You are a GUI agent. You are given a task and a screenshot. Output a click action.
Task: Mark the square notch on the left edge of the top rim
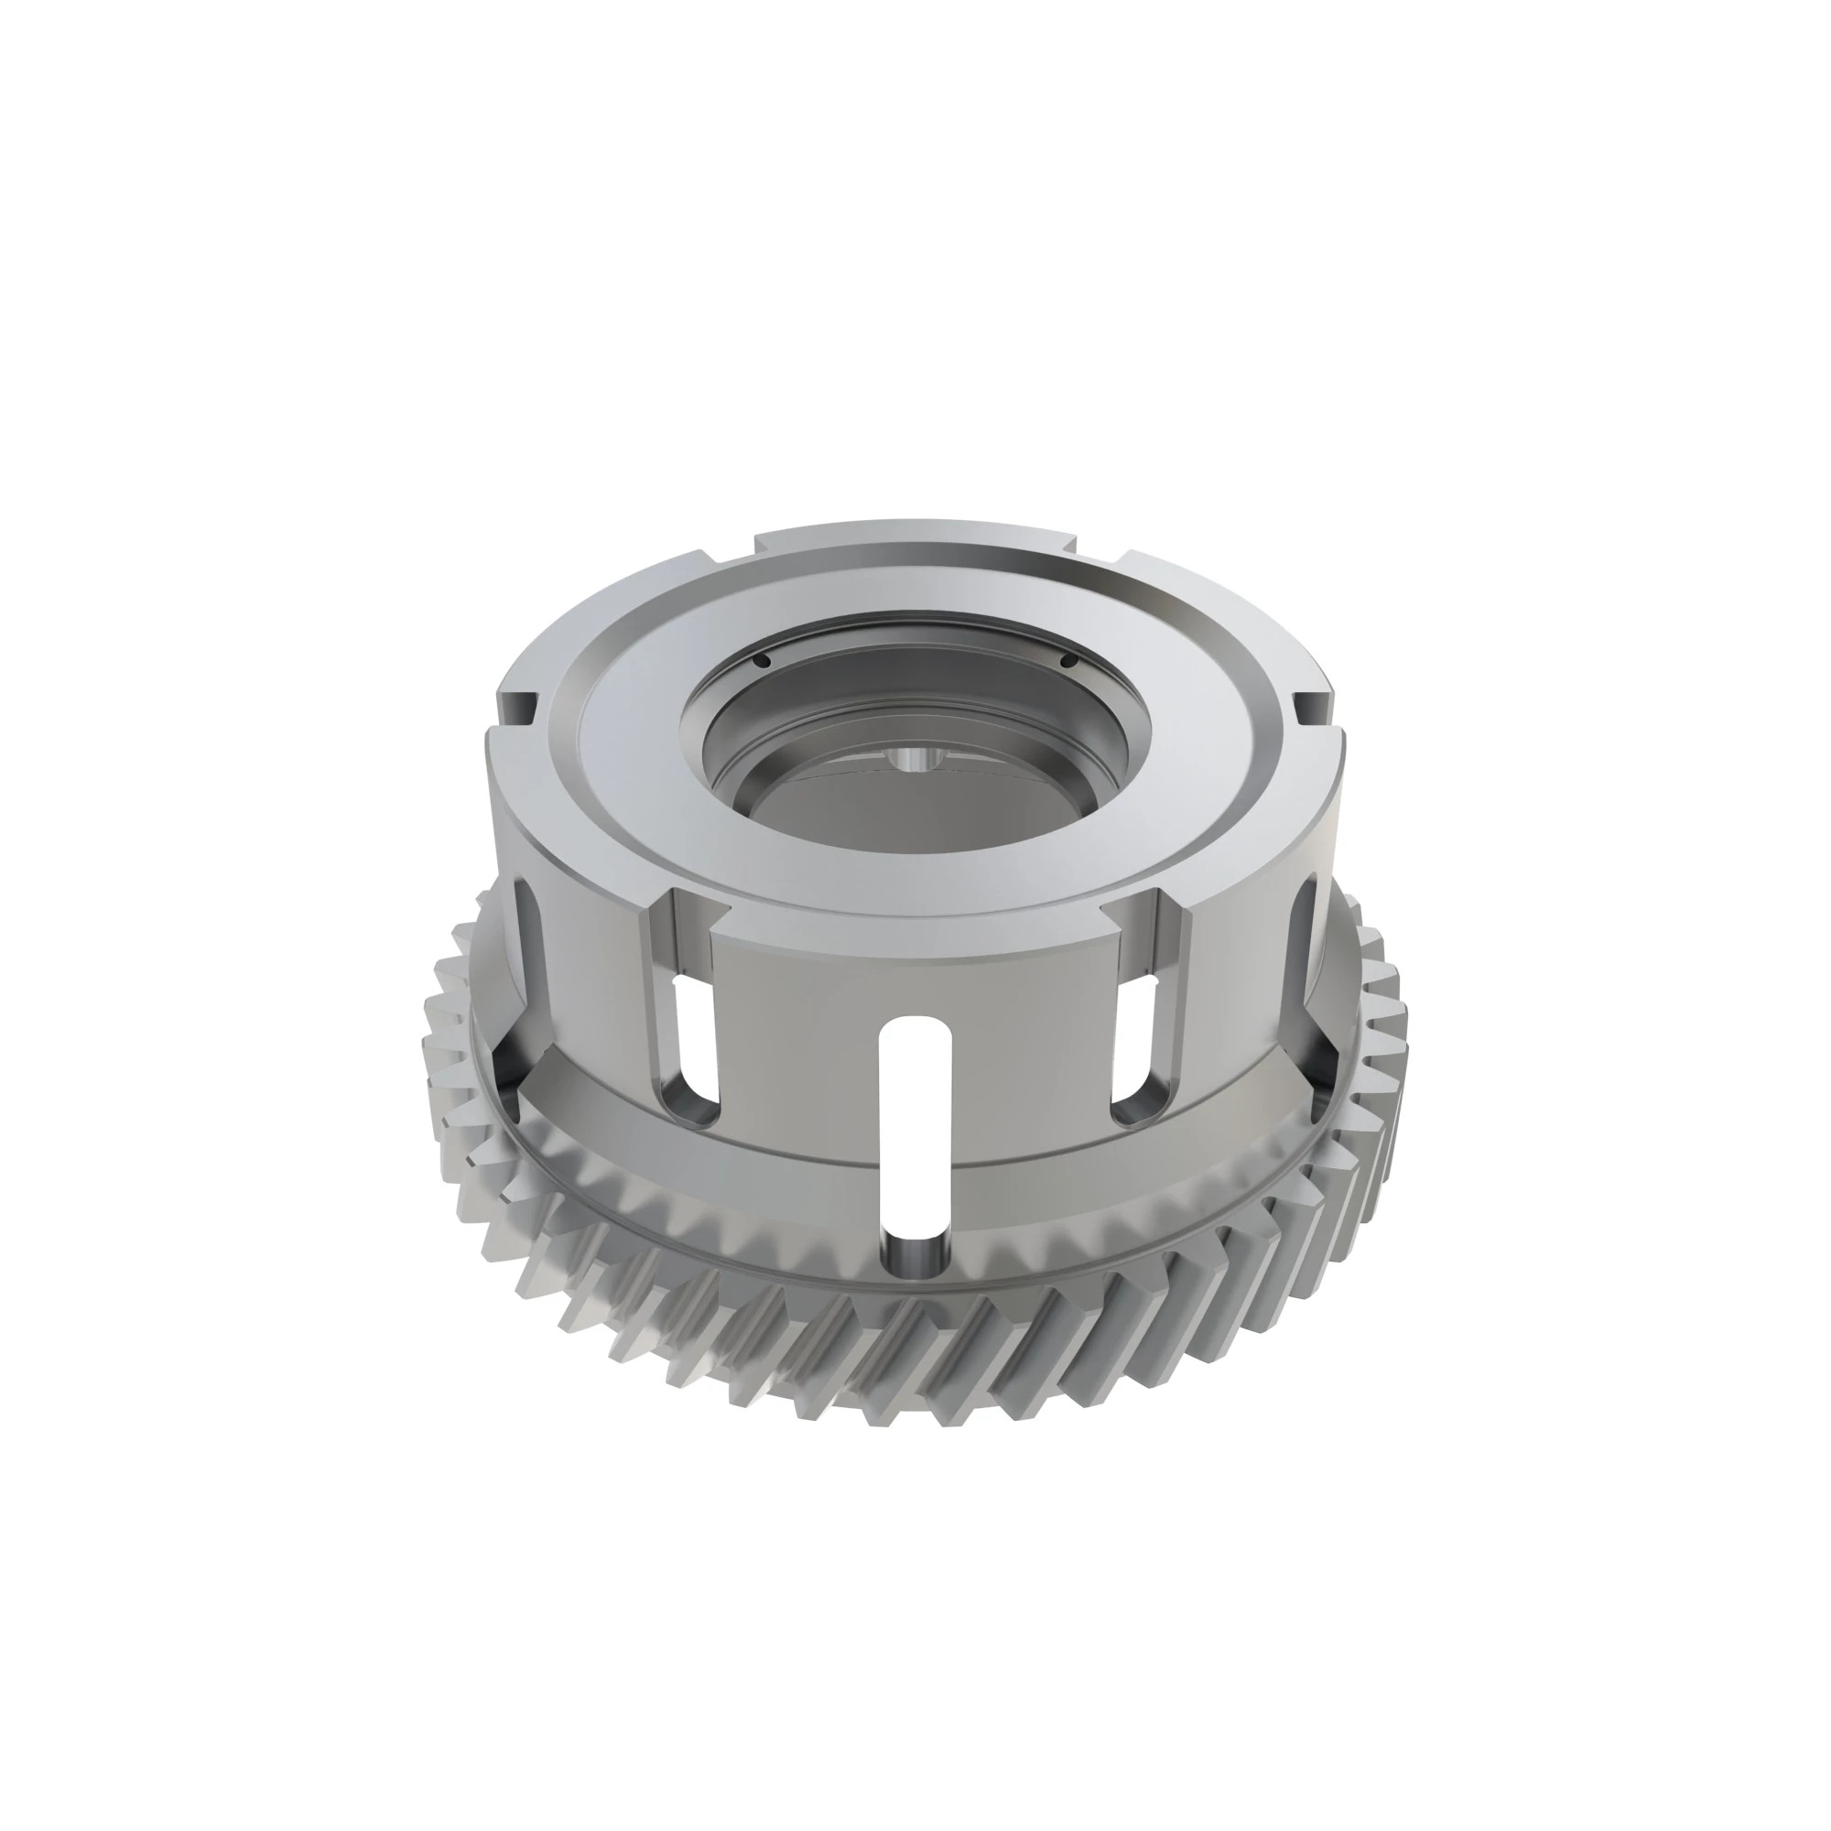click(519, 707)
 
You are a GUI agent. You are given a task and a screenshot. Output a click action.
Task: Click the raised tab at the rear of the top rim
click(915, 536)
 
